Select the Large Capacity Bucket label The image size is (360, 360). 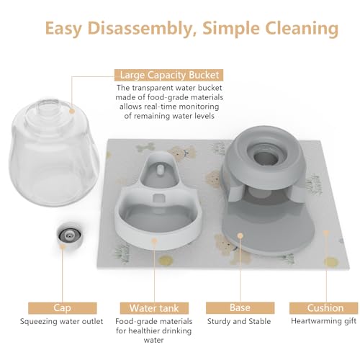point(169,75)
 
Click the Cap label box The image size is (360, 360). point(63,308)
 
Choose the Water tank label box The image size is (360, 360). point(154,308)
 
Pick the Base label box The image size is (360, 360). point(240,308)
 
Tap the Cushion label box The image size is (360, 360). point(325,308)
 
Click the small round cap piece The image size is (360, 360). point(70,235)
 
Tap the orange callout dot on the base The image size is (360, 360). point(240,235)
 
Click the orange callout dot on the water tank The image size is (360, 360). point(154,240)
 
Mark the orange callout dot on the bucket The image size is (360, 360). point(72,111)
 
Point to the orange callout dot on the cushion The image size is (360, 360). point(326,233)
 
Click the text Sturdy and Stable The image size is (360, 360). point(239,321)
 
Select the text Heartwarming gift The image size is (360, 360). point(323,321)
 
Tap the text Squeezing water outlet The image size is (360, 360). point(61,322)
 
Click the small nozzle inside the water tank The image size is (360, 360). point(160,170)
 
